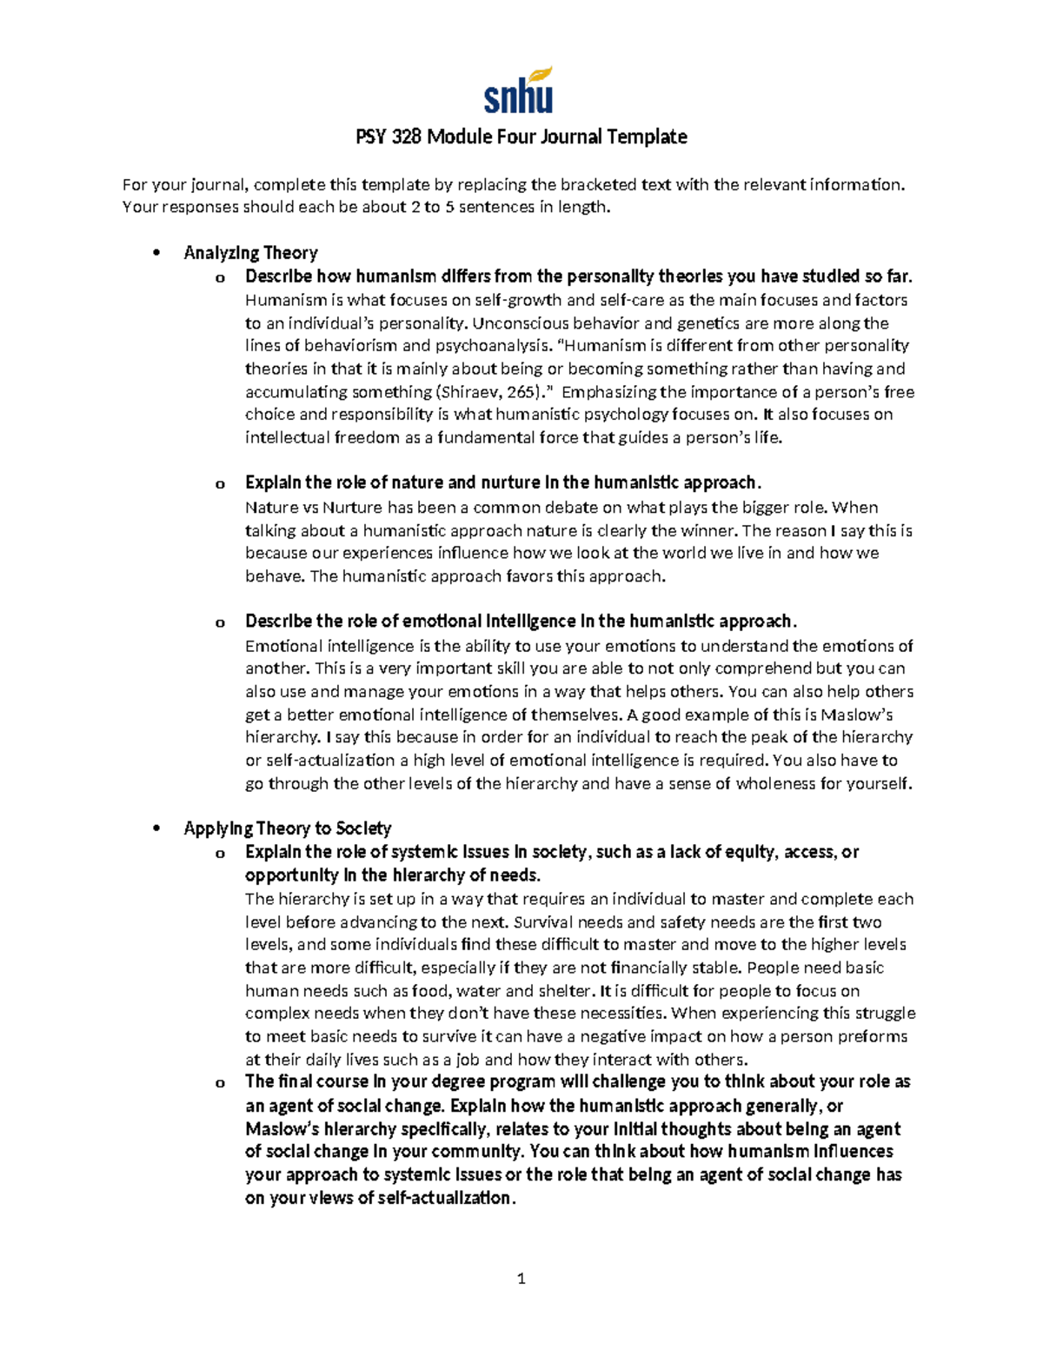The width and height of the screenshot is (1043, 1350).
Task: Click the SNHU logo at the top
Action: coord(519,90)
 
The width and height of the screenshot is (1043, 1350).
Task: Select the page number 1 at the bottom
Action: coord(521,1278)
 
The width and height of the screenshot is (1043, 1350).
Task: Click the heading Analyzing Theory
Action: coord(250,253)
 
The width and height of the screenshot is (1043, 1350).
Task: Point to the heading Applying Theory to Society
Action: coord(287,828)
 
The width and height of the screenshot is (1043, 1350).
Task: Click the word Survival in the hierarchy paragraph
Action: coord(544,922)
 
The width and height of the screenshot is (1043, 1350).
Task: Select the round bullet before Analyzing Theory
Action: coord(156,254)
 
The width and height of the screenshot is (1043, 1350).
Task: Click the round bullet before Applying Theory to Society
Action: coord(156,829)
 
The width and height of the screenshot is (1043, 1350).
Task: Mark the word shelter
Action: coord(565,991)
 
